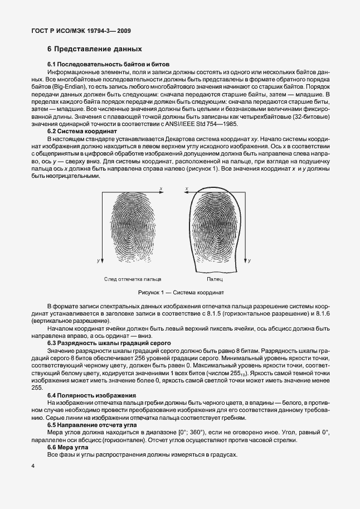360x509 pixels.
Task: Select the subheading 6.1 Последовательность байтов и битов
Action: pos(108,65)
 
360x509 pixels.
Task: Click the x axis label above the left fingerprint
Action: pos(161,190)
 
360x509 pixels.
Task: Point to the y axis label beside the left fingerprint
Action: pos(98,260)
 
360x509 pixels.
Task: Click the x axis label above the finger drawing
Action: pos(187,190)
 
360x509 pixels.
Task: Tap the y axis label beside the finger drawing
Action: pos(249,260)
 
